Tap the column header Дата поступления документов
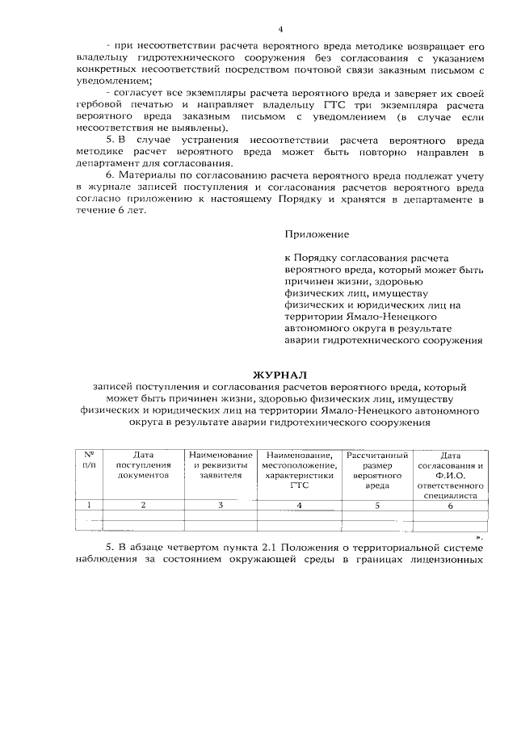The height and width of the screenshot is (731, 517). click(x=142, y=465)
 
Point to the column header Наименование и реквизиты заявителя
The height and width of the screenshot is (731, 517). click(x=221, y=465)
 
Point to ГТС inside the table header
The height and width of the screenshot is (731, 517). click(x=299, y=487)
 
